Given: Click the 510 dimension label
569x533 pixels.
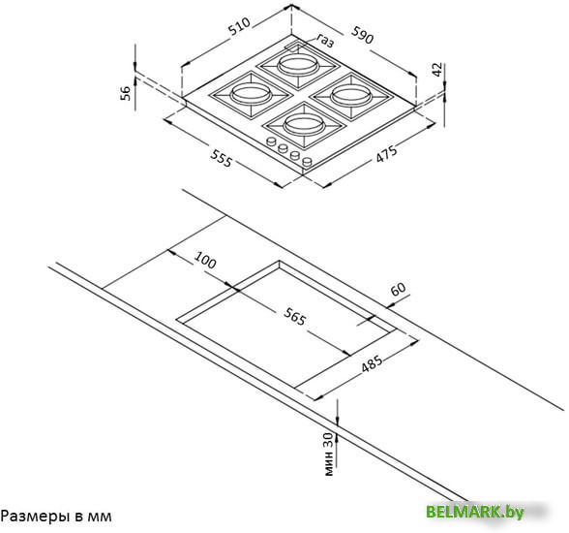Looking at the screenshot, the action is click(x=240, y=26).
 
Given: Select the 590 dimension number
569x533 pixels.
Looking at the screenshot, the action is click(x=362, y=35).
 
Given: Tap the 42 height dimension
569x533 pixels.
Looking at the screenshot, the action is click(x=437, y=70).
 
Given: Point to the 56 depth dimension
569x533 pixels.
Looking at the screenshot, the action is click(x=125, y=93).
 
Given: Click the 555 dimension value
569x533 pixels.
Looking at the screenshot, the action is click(x=221, y=158).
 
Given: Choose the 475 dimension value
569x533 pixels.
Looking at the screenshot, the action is click(x=386, y=154).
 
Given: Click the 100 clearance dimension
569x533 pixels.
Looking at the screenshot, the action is click(x=205, y=260).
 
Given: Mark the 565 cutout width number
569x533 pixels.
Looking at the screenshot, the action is click(x=294, y=316).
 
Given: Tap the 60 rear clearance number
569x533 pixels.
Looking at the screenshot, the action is click(x=398, y=289).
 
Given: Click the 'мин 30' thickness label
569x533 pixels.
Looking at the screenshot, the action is click(x=328, y=454).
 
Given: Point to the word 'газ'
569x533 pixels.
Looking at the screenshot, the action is click(x=325, y=41).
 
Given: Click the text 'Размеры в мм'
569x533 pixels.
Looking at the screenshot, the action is click(x=56, y=517).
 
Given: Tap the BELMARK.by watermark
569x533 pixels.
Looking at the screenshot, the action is click(x=475, y=512).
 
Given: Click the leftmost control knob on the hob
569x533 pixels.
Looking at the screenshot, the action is click(x=271, y=141).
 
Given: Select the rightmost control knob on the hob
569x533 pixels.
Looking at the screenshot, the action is click(x=307, y=161).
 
